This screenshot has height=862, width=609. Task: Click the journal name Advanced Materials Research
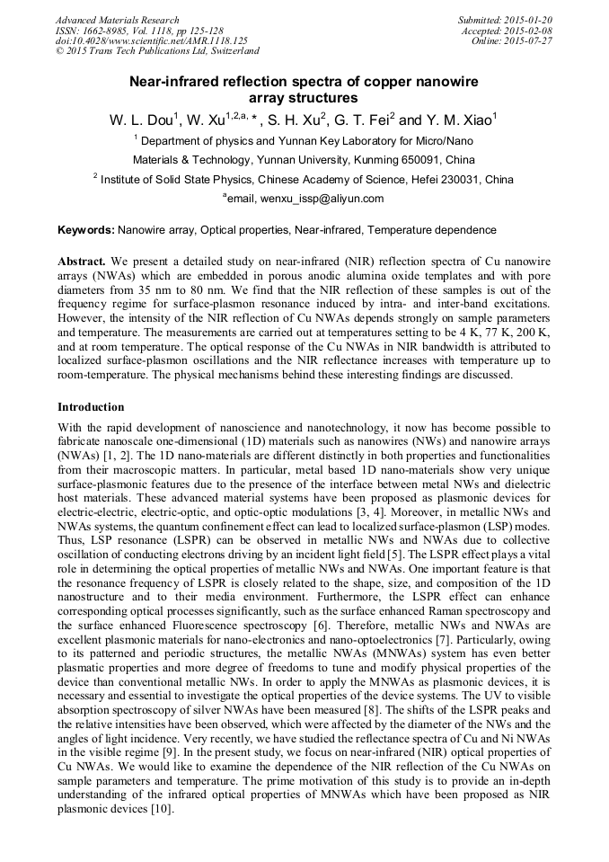point(117,20)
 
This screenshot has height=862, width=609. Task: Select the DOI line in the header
point(151,40)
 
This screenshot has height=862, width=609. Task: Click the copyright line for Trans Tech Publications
point(157,51)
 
